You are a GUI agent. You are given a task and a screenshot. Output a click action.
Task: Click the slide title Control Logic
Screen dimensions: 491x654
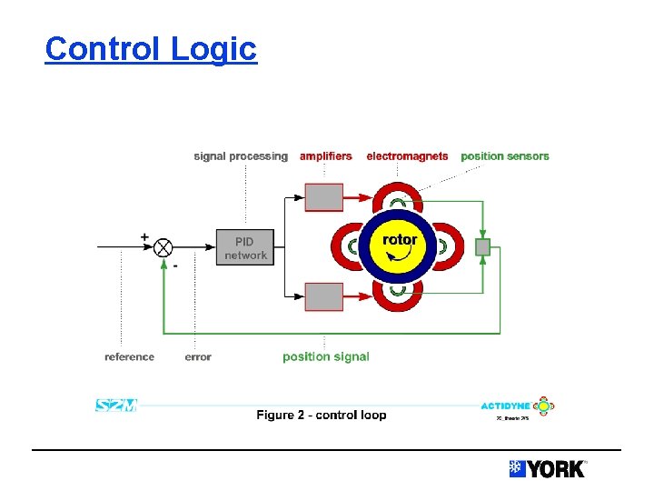(x=151, y=48)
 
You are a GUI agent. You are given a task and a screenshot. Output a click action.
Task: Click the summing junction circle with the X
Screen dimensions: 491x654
(x=163, y=247)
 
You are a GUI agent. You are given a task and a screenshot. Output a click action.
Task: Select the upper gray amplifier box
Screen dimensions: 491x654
(x=323, y=197)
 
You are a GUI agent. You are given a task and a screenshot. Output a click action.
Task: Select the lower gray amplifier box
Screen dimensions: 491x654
(x=323, y=296)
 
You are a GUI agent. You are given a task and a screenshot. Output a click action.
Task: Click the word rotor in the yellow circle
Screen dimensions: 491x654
(x=400, y=240)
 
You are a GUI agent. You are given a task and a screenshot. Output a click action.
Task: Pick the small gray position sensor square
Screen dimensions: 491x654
(x=483, y=246)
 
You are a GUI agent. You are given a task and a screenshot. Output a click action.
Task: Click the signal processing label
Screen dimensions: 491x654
(x=240, y=156)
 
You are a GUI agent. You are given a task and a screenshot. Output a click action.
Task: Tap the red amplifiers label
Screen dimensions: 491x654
(x=325, y=156)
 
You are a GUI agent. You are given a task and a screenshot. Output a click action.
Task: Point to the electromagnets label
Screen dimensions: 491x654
(x=407, y=156)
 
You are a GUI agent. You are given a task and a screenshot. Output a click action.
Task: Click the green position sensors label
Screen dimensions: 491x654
(x=505, y=156)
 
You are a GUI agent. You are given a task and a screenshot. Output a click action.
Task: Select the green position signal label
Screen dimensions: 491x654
(x=325, y=356)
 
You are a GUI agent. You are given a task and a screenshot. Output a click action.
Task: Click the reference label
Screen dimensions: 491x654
(x=129, y=356)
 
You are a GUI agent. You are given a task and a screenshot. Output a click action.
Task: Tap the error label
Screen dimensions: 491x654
(x=197, y=356)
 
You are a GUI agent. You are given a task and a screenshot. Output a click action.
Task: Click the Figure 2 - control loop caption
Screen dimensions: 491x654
(x=321, y=415)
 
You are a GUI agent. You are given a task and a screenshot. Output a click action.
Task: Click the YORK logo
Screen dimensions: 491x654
(x=548, y=468)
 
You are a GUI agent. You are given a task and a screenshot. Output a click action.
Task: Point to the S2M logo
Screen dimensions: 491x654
(x=115, y=406)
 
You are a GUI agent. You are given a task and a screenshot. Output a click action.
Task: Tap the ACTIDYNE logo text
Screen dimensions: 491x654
(x=505, y=406)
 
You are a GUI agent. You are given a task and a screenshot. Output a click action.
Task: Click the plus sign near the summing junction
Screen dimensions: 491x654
(x=144, y=236)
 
